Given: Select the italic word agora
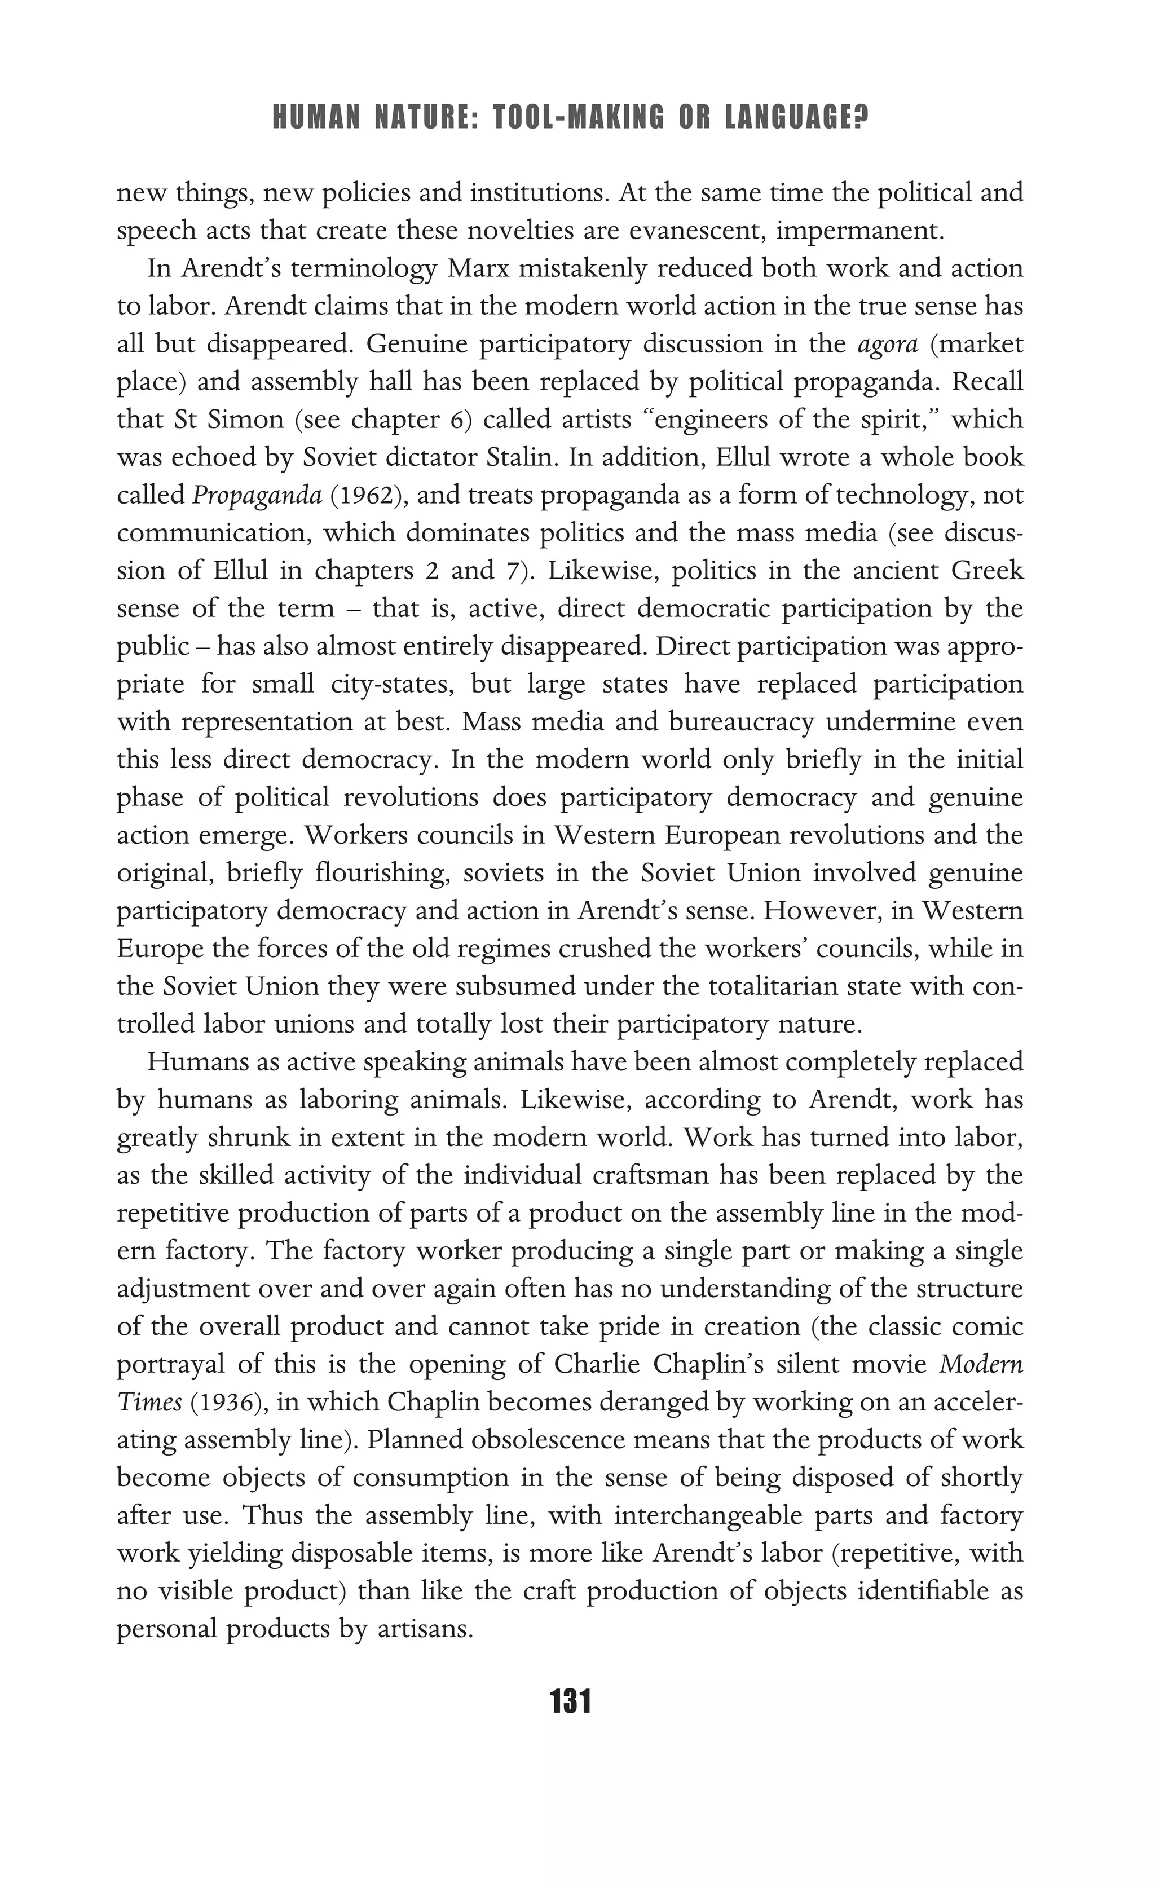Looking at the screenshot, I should [x=888, y=344].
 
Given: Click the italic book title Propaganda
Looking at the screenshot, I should [x=257, y=496].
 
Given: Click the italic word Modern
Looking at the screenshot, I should [x=981, y=1364].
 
